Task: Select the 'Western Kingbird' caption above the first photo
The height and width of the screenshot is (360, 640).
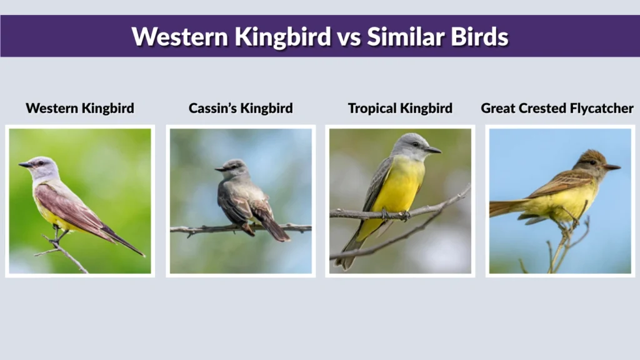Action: (x=80, y=108)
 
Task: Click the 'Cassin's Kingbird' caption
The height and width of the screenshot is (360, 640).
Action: (x=241, y=108)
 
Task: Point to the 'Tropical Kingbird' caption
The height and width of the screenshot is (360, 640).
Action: (x=400, y=108)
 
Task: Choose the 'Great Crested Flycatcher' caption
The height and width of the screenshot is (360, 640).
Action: (x=557, y=108)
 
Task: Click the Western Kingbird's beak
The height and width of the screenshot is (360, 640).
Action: (x=25, y=165)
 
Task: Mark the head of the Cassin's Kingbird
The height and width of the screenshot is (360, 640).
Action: (x=234, y=167)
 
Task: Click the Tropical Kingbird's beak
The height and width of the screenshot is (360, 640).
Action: (x=432, y=150)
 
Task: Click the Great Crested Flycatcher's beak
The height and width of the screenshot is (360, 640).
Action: (x=611, y=167)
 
